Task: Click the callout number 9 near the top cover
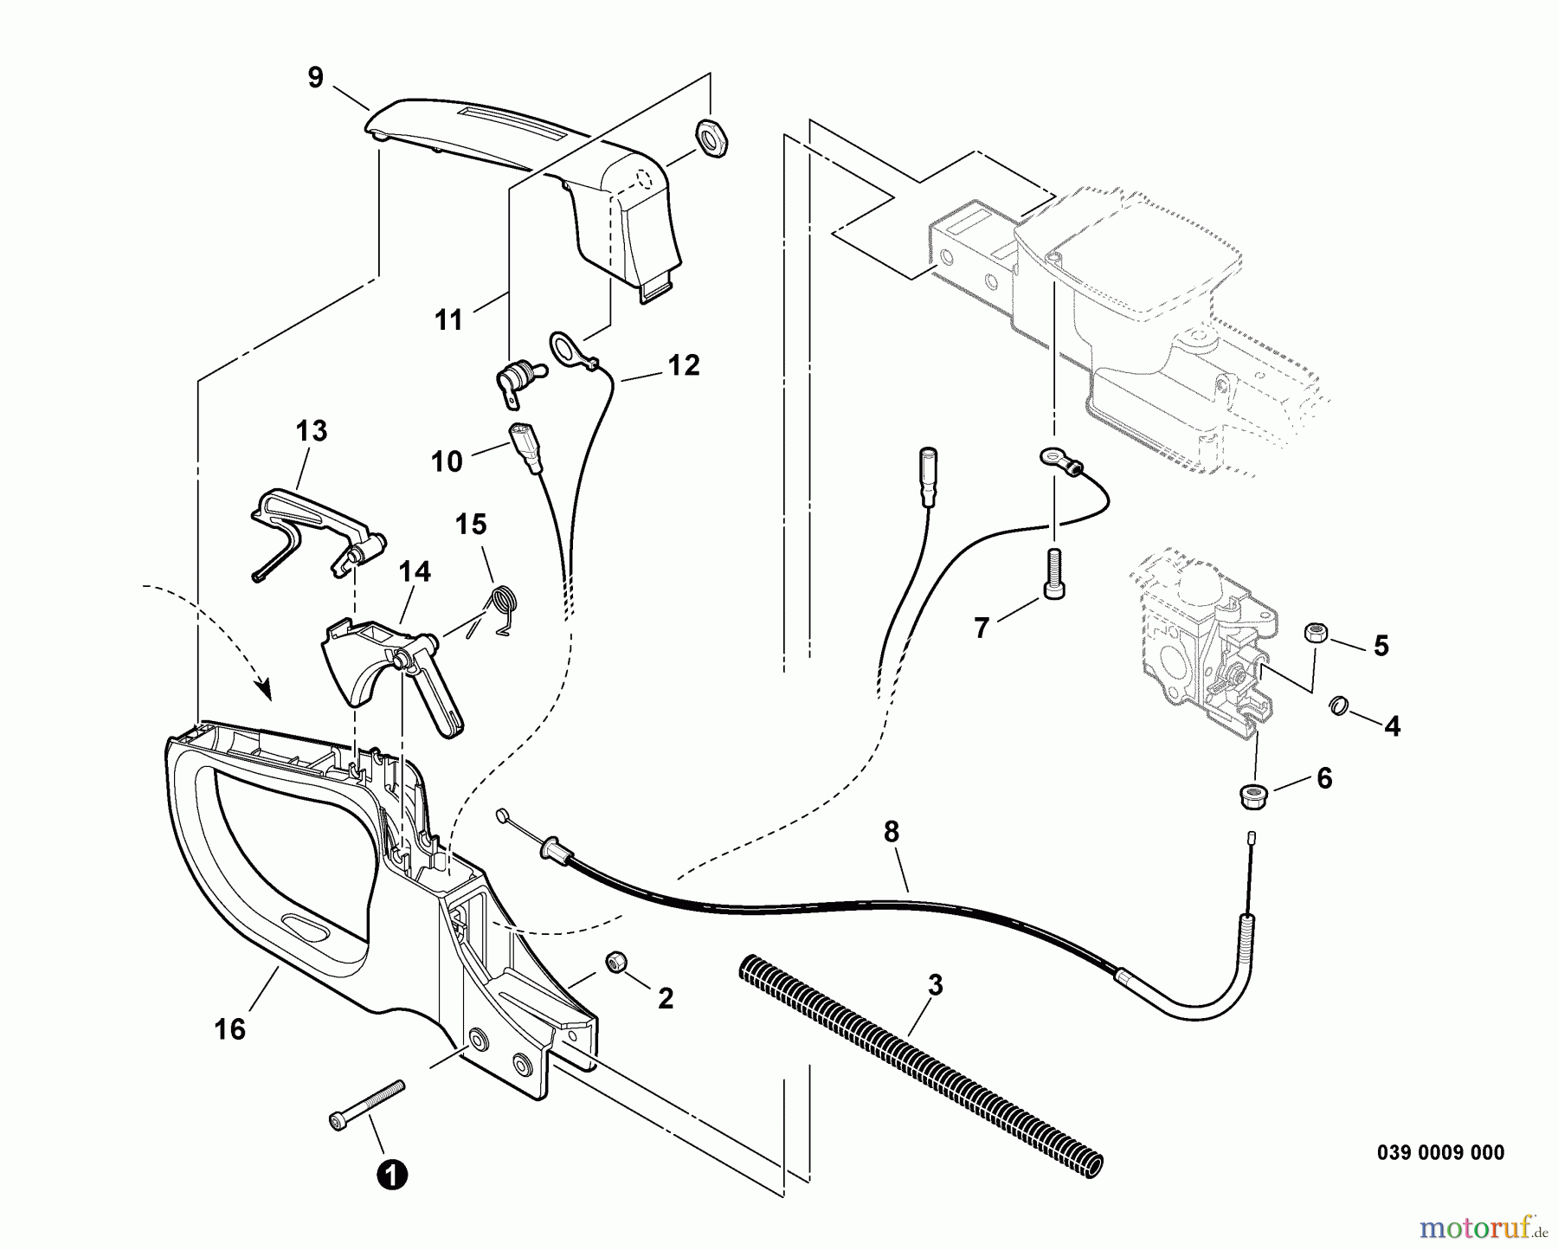pos(315,78)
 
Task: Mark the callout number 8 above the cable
pos(892,832)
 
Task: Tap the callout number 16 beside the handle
pos(231,1029)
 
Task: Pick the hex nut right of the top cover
pos(712,139)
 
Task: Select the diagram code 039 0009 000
pos(1440,1152)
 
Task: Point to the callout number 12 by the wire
pos(683,365)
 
